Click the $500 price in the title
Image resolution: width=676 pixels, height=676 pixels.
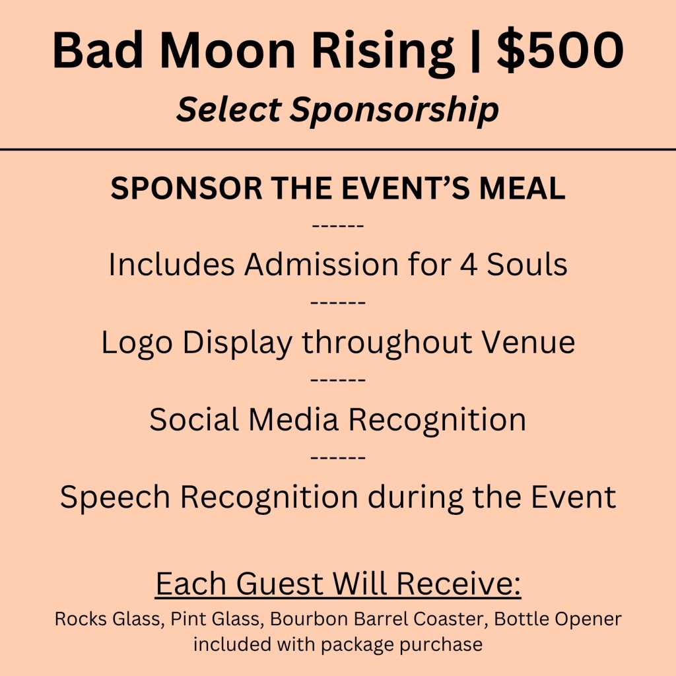click(560, 50)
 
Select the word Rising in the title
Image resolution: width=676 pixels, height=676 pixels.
click(383, 51)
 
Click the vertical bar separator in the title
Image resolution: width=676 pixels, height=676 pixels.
click(475, 51)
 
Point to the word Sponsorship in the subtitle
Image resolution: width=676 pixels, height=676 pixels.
click(394, 110)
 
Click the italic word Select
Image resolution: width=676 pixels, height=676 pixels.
click(229, 108)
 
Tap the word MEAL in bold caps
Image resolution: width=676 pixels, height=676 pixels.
click(522, 188)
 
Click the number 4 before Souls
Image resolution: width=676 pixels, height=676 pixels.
click(469, 264)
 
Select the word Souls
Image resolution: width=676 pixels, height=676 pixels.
click(527, 263)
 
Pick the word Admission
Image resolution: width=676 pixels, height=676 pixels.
click(321, 263)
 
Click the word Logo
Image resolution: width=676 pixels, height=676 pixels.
click(137, 343)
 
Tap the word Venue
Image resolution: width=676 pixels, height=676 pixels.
click(528, 342)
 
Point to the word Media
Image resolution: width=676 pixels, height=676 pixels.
click(293, 419)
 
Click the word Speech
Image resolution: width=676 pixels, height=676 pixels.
click(115, 497)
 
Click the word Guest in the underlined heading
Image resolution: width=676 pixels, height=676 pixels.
click(279, 583)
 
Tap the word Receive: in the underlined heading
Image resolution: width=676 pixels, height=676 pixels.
click(458, 583)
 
